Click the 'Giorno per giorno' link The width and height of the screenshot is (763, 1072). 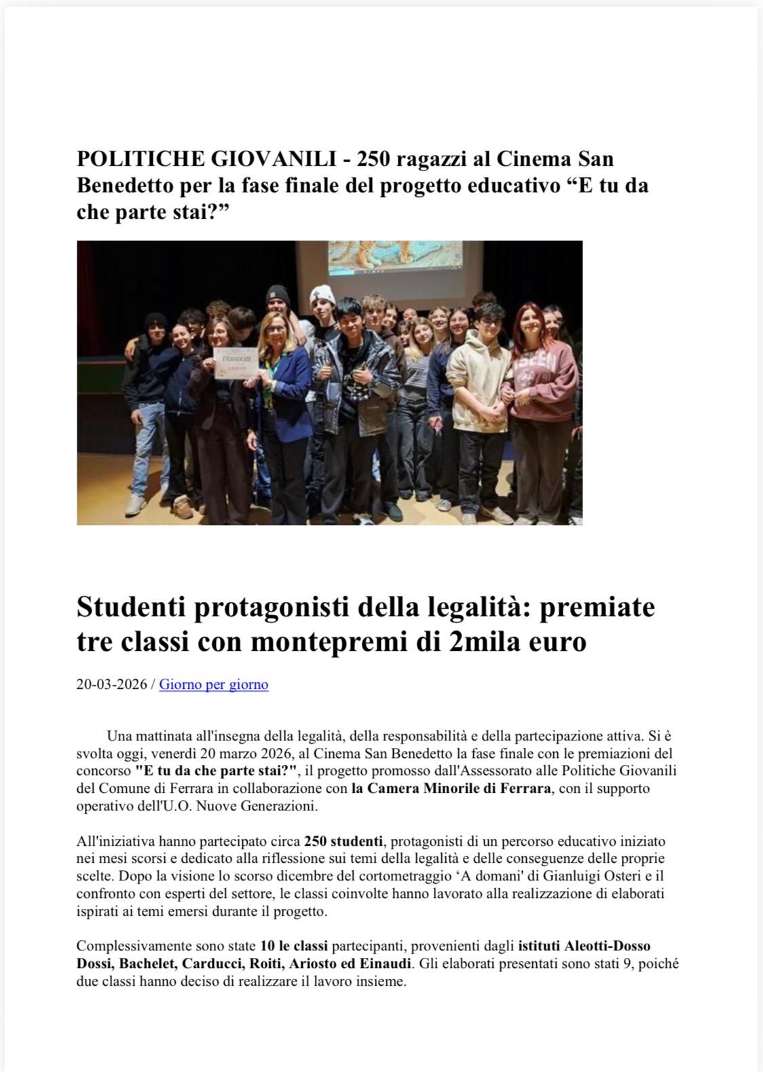click(214, 684)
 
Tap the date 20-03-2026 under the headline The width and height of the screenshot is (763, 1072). click(111, 684)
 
